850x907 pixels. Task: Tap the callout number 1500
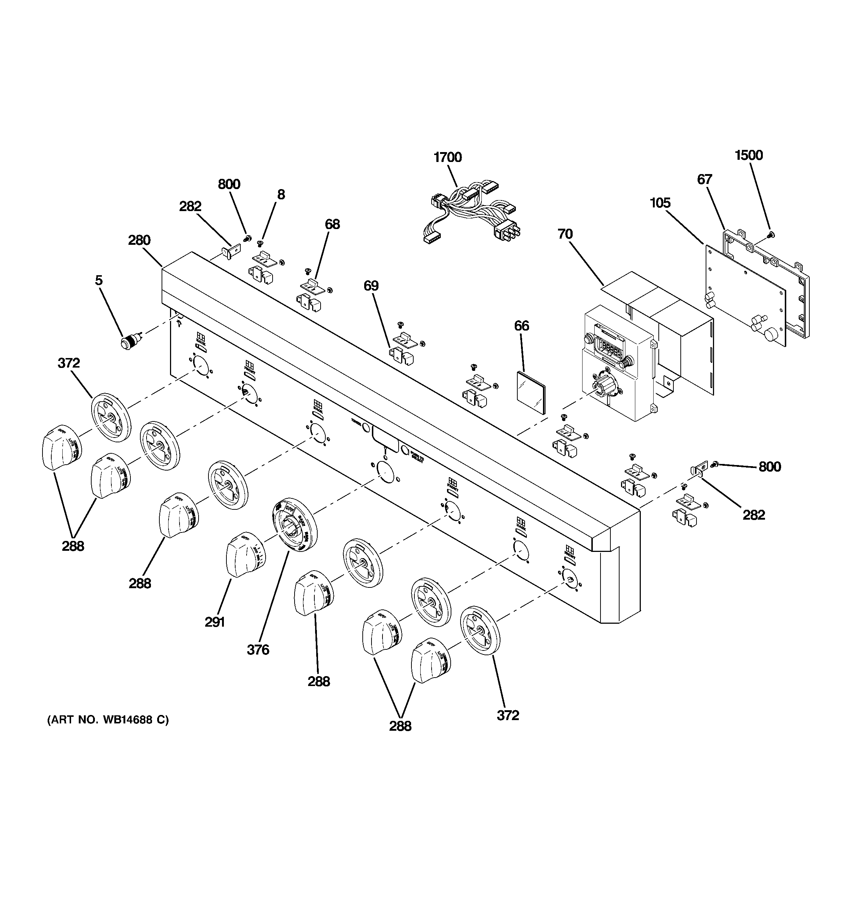[x=749, y=155]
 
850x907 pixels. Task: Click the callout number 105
[x=660, y=203]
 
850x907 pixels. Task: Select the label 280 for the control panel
[x=139, y=240]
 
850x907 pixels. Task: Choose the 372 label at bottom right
[x=508, y=715]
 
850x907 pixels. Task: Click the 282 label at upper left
[x=190, y=206]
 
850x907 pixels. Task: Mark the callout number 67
[x=705, y=179]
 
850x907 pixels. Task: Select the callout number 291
[x=214, y=622]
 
